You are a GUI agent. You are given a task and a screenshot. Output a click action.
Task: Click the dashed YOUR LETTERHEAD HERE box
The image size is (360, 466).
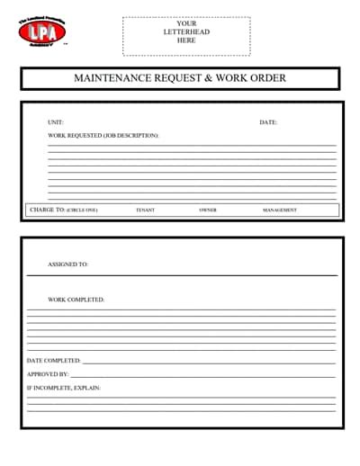[x=186, y=32]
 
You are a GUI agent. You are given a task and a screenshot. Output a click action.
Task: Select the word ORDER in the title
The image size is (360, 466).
[x=269, y=78]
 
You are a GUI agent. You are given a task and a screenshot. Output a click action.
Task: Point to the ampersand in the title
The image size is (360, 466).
[x=209, y=78]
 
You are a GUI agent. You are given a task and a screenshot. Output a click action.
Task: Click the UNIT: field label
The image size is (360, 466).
[x=56, y=122]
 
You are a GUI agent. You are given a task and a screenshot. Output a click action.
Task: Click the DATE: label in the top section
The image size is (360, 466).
[x=268, y=122]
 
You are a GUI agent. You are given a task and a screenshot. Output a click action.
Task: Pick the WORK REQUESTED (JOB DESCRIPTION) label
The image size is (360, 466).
[x=103, y=136]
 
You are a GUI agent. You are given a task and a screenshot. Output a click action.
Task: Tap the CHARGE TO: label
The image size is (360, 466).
[x=47, y=210]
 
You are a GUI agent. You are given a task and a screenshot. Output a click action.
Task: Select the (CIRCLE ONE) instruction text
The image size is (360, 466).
[x=82, y=211]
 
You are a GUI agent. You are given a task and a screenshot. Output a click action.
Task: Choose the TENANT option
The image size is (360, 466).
[x=145, y=211]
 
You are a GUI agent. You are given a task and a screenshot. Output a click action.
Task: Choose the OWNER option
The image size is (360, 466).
[x=208, y=211]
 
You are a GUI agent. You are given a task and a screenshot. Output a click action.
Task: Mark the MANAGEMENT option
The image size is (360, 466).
[x=280, y=211]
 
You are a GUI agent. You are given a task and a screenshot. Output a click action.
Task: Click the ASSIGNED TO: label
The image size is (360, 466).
[x=68, y=264]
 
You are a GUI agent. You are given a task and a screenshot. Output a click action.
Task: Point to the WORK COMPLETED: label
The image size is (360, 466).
[x=76, y=299]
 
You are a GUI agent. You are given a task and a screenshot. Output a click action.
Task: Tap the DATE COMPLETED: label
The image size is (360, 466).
[x=54, y=360]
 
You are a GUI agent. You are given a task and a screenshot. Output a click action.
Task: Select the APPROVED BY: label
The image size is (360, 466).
[x=48, y=373]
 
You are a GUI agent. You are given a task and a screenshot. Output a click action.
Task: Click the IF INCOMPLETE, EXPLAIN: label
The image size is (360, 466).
[x=64, y=388]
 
